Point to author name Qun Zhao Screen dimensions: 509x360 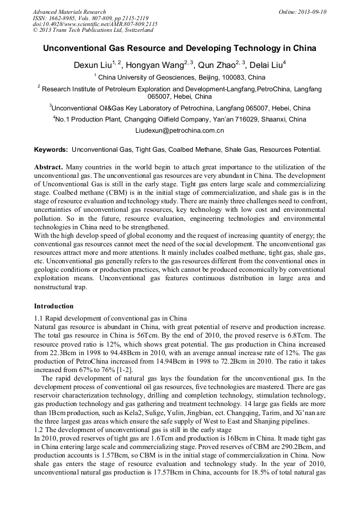tap(216, 65)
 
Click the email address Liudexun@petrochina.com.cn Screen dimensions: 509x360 tap(179, 130)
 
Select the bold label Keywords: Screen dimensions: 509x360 tap(51, 150)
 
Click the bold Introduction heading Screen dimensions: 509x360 tap(54, 306)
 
